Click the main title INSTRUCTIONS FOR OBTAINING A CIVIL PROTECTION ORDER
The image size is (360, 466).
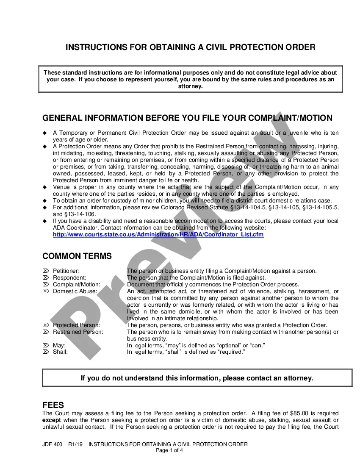pyautogui.click(x=190, y=47)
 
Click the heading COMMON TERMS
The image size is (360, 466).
pyautogui.click(x=77, y=256)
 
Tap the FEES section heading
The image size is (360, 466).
pyautogui.click(x=53, y=405)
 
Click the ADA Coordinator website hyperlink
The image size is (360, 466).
pyautogui.click(x=158, y=234)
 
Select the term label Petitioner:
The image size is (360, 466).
pyautogui.click(x=66, y=271)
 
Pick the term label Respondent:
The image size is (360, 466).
pyautogui.click(x=69, y=277)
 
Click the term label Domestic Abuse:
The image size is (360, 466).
pyautogui.click(x=75, y=291)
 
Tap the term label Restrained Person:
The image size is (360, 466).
pyautogui.click(x=78, y=332)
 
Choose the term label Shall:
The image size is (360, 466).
pyautogui.click(x=60, y=352)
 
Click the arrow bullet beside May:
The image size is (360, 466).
pyautogui.click(x=46, y=345)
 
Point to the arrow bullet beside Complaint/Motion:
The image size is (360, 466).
pyautogui.click(x=46, y=284)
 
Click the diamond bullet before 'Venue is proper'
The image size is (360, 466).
pyautogui.click(x=44, y=187)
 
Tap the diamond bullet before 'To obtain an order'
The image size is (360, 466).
pyautogui.click(x=44, y=201)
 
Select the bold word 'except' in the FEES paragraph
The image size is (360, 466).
pyautogui.click(x=52, y=420)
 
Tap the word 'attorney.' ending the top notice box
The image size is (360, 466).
pyautogui.click(x=190, y=86)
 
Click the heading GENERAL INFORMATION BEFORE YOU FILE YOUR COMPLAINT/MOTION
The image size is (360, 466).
pyautogui.click(x=188, y=118)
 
